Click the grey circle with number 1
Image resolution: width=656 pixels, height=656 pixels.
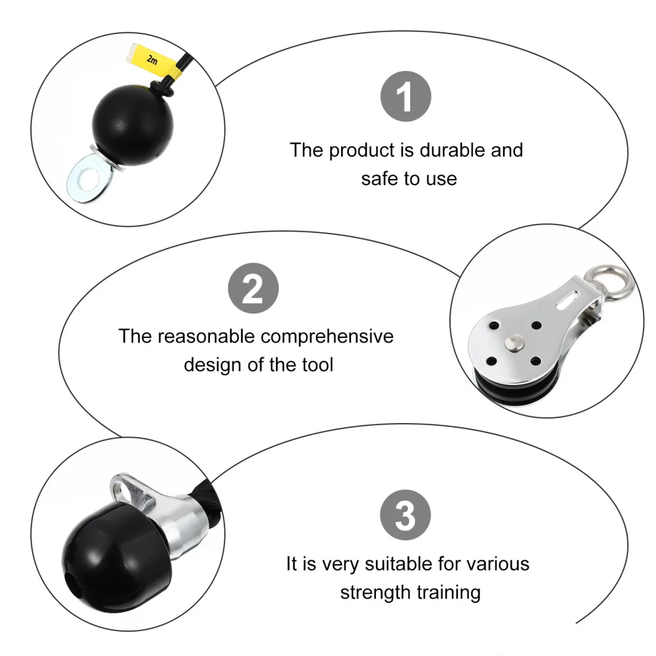(x=406, y=98)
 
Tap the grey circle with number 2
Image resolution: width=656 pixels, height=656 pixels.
(x=253, y=289)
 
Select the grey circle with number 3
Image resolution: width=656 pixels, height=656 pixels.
(x=406, y=514)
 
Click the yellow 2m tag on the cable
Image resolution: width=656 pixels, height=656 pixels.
(x=152, y=61)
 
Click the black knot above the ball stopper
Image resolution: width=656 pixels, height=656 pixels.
(x=161, y=89)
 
